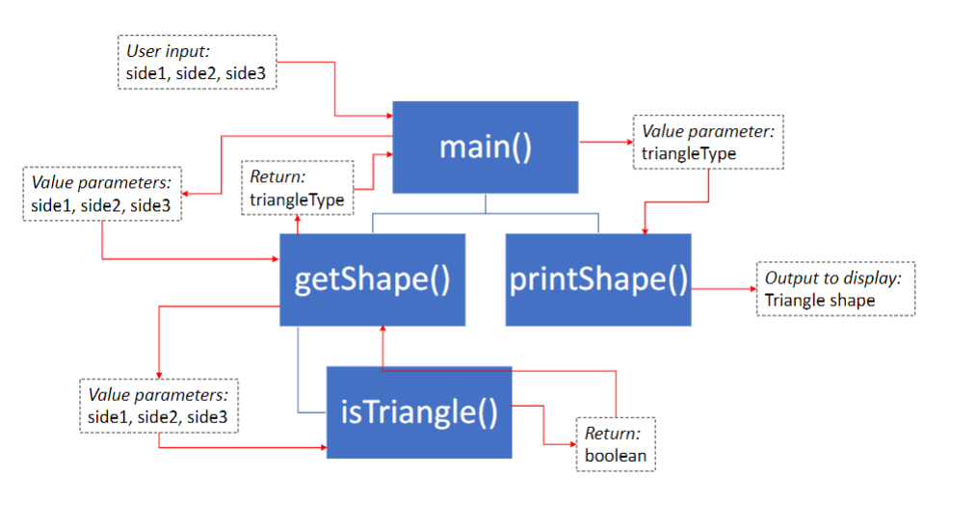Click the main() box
[486, 147]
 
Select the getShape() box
[372, 279]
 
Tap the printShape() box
[598, 279]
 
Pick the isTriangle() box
[419, 412]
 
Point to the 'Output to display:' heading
[833, 279]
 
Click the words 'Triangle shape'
[820, 300]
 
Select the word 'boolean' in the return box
[616, 455]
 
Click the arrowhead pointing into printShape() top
[644, 229]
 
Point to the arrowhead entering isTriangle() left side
[322, 447]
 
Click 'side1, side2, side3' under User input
[197, 71]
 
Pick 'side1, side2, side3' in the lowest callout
[158, 416]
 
